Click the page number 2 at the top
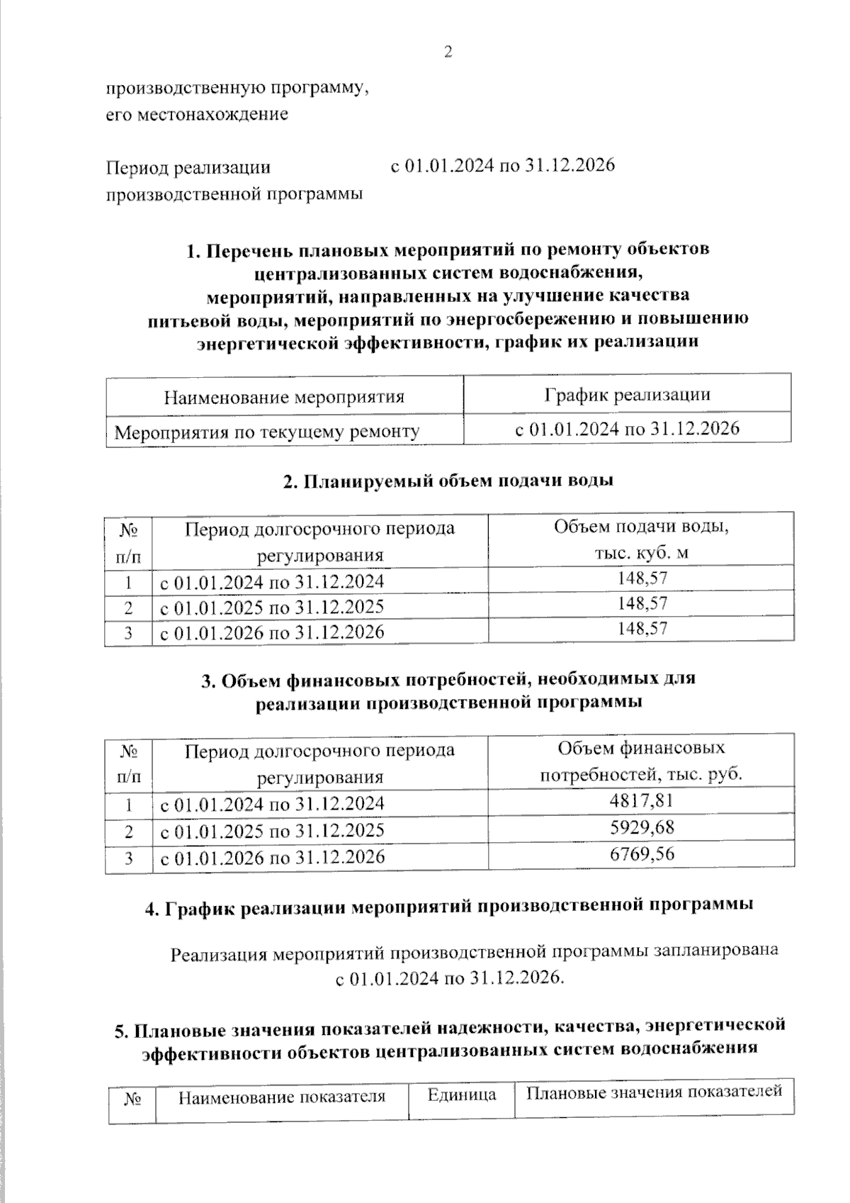447,52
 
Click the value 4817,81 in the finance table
641,801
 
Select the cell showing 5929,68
641,827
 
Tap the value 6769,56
641,854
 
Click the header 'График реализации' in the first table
627,394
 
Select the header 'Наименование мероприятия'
284,396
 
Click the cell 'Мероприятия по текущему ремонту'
267,431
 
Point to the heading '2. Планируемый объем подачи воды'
448,481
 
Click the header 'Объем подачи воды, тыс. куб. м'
641,539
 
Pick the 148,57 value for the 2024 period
641,579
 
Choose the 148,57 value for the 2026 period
641,629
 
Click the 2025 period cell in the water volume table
272,607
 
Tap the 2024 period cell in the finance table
272,803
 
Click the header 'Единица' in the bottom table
461,1095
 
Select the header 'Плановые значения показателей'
653,1091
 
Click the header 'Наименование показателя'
281,1097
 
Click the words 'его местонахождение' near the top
197,114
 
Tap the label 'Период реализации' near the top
188,167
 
